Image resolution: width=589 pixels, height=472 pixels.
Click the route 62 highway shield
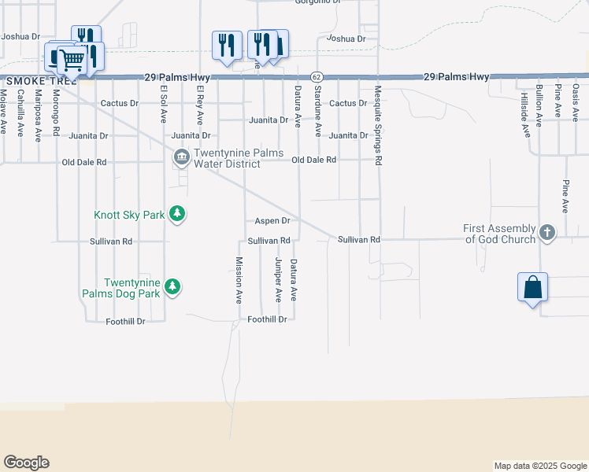pyautogui.click(x=316, y=77)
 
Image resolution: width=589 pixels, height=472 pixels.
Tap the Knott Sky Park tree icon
pyautogui.click(x=179, y=214)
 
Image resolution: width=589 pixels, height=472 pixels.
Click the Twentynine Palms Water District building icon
pyautogui.click(x=182, y=157)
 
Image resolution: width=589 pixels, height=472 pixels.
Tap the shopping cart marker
pyautogui.click(x=72, y=59)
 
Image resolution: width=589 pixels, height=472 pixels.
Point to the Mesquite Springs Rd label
pyautogui.click(x=379, y=125)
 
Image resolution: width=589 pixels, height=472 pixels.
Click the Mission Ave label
pyautogui.click(x=239, y=280)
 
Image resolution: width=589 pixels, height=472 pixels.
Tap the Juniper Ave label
pyautogui.click(x=278, y=279)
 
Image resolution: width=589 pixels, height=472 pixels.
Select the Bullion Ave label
pyautogui.click(x=539, y=105)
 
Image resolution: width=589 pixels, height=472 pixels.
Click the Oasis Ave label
pyautogui.click(x=576, y=101)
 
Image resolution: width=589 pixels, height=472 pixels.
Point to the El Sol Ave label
pyautogui.click(x=164, y=104)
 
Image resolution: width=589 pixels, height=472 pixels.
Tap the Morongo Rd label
pyautogui.click(x=55, y=112)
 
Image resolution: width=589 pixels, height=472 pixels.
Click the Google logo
pyautogui.click(x=26, y=463)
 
